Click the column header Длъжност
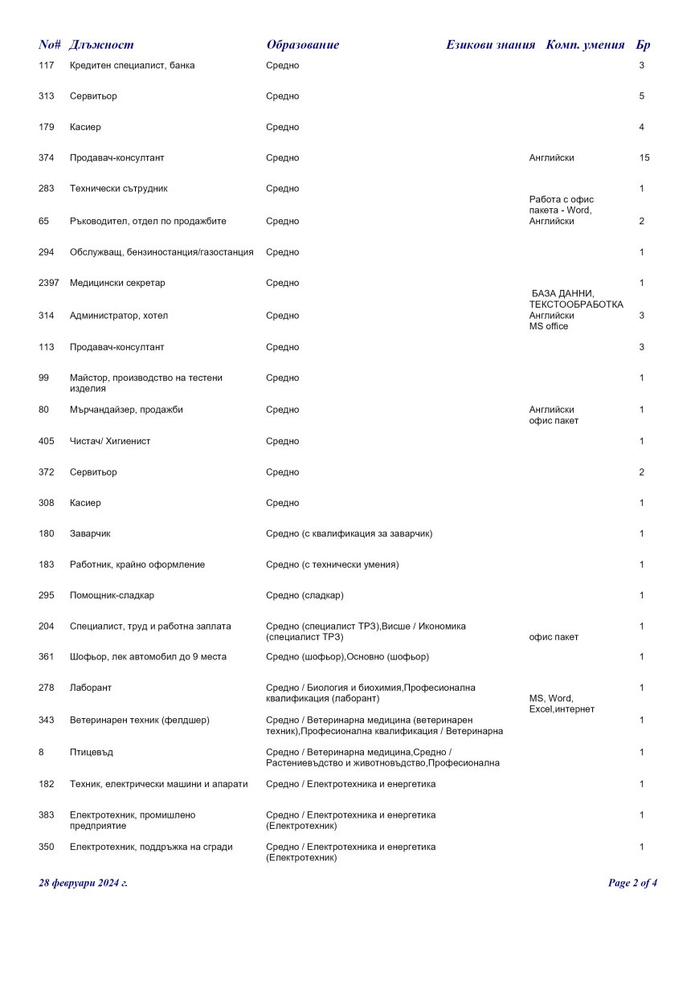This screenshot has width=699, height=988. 101,45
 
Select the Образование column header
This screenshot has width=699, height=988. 302,45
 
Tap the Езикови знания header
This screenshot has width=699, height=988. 490,45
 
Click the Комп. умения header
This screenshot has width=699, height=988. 585,45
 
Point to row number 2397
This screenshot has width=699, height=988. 48,283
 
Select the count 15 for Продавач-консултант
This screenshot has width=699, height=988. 644,158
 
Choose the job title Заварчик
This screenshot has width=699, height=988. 92,533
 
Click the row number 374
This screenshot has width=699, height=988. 46,158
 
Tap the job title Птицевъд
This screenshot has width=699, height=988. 91,753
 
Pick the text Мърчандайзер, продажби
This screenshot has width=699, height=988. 126,410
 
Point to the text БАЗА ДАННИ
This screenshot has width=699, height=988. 562,294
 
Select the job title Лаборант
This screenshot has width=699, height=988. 91,688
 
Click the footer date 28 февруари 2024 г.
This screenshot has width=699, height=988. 83,883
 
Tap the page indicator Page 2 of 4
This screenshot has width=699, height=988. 632,883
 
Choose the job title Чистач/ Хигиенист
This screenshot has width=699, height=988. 110,441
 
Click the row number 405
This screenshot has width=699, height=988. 46,441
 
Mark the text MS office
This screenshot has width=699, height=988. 549,326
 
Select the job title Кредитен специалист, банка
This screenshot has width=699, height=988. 132,65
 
